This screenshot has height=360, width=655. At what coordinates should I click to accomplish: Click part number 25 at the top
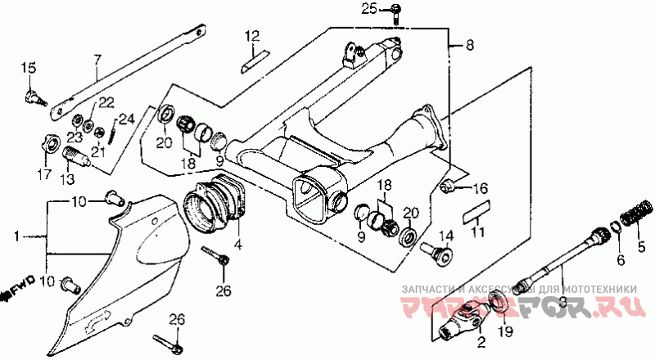pyautogui.click(x=369, y=9)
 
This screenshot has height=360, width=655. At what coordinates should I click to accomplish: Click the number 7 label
pyautogui.click(x=97, y=59)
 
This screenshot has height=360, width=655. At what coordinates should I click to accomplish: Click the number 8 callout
pyautogui.click(x=469, y=47)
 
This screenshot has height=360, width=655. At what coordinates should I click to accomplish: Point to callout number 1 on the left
pyautogui.click(x=15, y=236)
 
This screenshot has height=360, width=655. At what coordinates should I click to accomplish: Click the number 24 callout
pyautogui.click(x=125, y=119)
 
